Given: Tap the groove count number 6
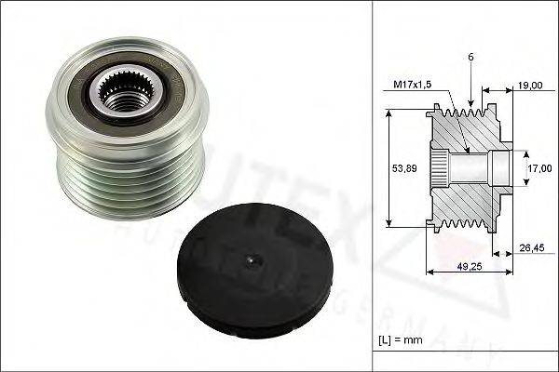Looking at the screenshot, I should tap(472, 58).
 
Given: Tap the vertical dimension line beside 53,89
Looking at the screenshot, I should tap(387, 168).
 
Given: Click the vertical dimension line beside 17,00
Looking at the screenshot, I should tap(523, 168).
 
